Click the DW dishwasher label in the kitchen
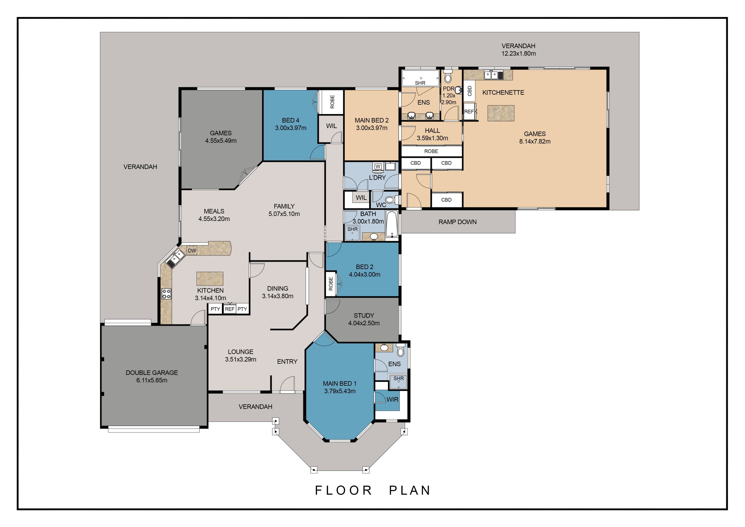pos(192,251)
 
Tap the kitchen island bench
pos(210,279)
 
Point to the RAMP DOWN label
pos(457,222)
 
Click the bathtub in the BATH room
pos(392,224)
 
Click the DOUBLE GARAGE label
pos(152,373)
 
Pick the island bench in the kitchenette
pos(501,113)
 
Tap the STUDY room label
pos(364,316)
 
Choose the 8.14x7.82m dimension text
pos(535,142)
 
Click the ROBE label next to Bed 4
pos(332,102)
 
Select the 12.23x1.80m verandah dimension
pos(519,54)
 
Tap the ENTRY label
pos(287,362)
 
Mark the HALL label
pos(432,130)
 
